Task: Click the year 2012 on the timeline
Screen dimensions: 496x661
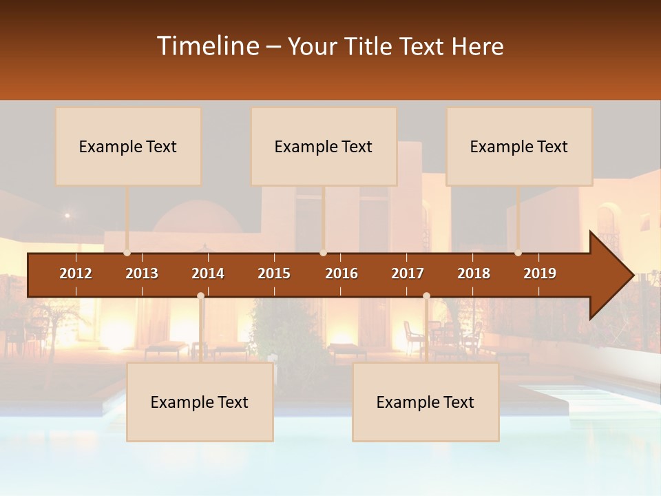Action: [x=76, y=273]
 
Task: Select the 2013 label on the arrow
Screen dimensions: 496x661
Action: [x=142, y=273]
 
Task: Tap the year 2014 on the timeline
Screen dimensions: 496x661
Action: [x=208, y=273]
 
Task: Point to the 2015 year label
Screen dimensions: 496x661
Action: [x=274, y=273]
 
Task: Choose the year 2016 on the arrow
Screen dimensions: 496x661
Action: [x=342, y=273]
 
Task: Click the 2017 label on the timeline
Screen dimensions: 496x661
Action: [x=408, y=273]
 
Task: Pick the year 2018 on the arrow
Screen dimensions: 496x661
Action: [x=474, y=273]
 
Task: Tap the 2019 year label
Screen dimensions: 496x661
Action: [x=540, y=273]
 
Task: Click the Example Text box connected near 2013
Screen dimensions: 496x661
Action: [x=128, y=146]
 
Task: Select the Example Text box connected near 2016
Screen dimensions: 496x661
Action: [x=324, y=146]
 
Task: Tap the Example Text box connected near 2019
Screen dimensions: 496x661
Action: [x=519, y=146]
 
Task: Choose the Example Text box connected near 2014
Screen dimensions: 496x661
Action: [x=200, y=402]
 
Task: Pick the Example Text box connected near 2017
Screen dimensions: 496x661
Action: [x=426, y=402]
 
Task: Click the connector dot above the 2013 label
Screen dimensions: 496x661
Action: [x=127, y=253]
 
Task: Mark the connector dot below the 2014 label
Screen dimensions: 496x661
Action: [x=200, y=296]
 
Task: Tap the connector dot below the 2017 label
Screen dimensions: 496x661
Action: [x=426, y=296]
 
